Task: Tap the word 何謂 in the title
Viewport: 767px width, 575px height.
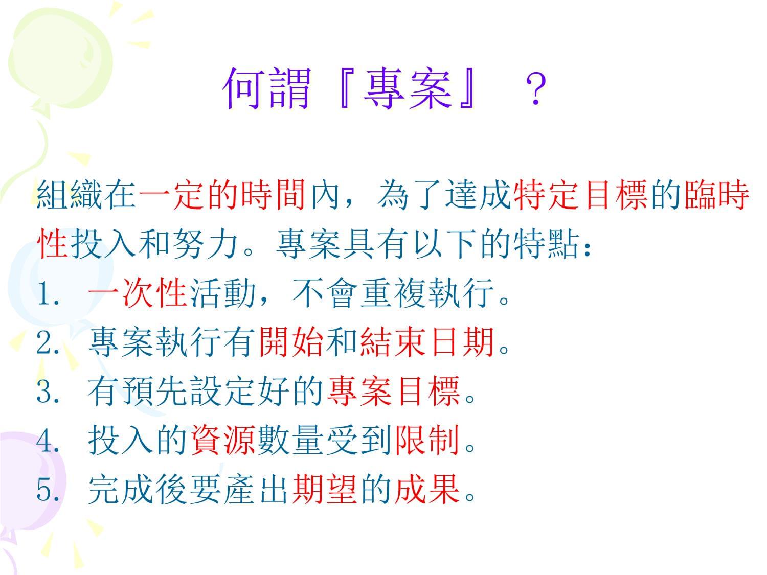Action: coord(266,88)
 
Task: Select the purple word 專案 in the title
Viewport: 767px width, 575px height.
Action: coord(407,88)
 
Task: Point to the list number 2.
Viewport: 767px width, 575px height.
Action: coord(48,342)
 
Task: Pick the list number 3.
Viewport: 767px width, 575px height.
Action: coord(48,391)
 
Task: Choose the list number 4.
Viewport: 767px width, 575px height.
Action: coord(48,440)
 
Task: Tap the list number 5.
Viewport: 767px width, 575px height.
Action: coord(48,489)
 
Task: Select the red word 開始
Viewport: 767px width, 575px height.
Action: coord(291,342)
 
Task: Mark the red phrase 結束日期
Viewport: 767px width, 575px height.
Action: coord(427,342)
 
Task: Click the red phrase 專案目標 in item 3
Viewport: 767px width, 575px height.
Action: coord(393,391)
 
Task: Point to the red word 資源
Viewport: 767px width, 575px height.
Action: coord(223,440)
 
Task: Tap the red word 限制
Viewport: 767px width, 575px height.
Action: coord(427,440)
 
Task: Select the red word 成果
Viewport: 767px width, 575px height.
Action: coord(427,489)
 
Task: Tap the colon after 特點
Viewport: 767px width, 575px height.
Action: coord(587,248)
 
